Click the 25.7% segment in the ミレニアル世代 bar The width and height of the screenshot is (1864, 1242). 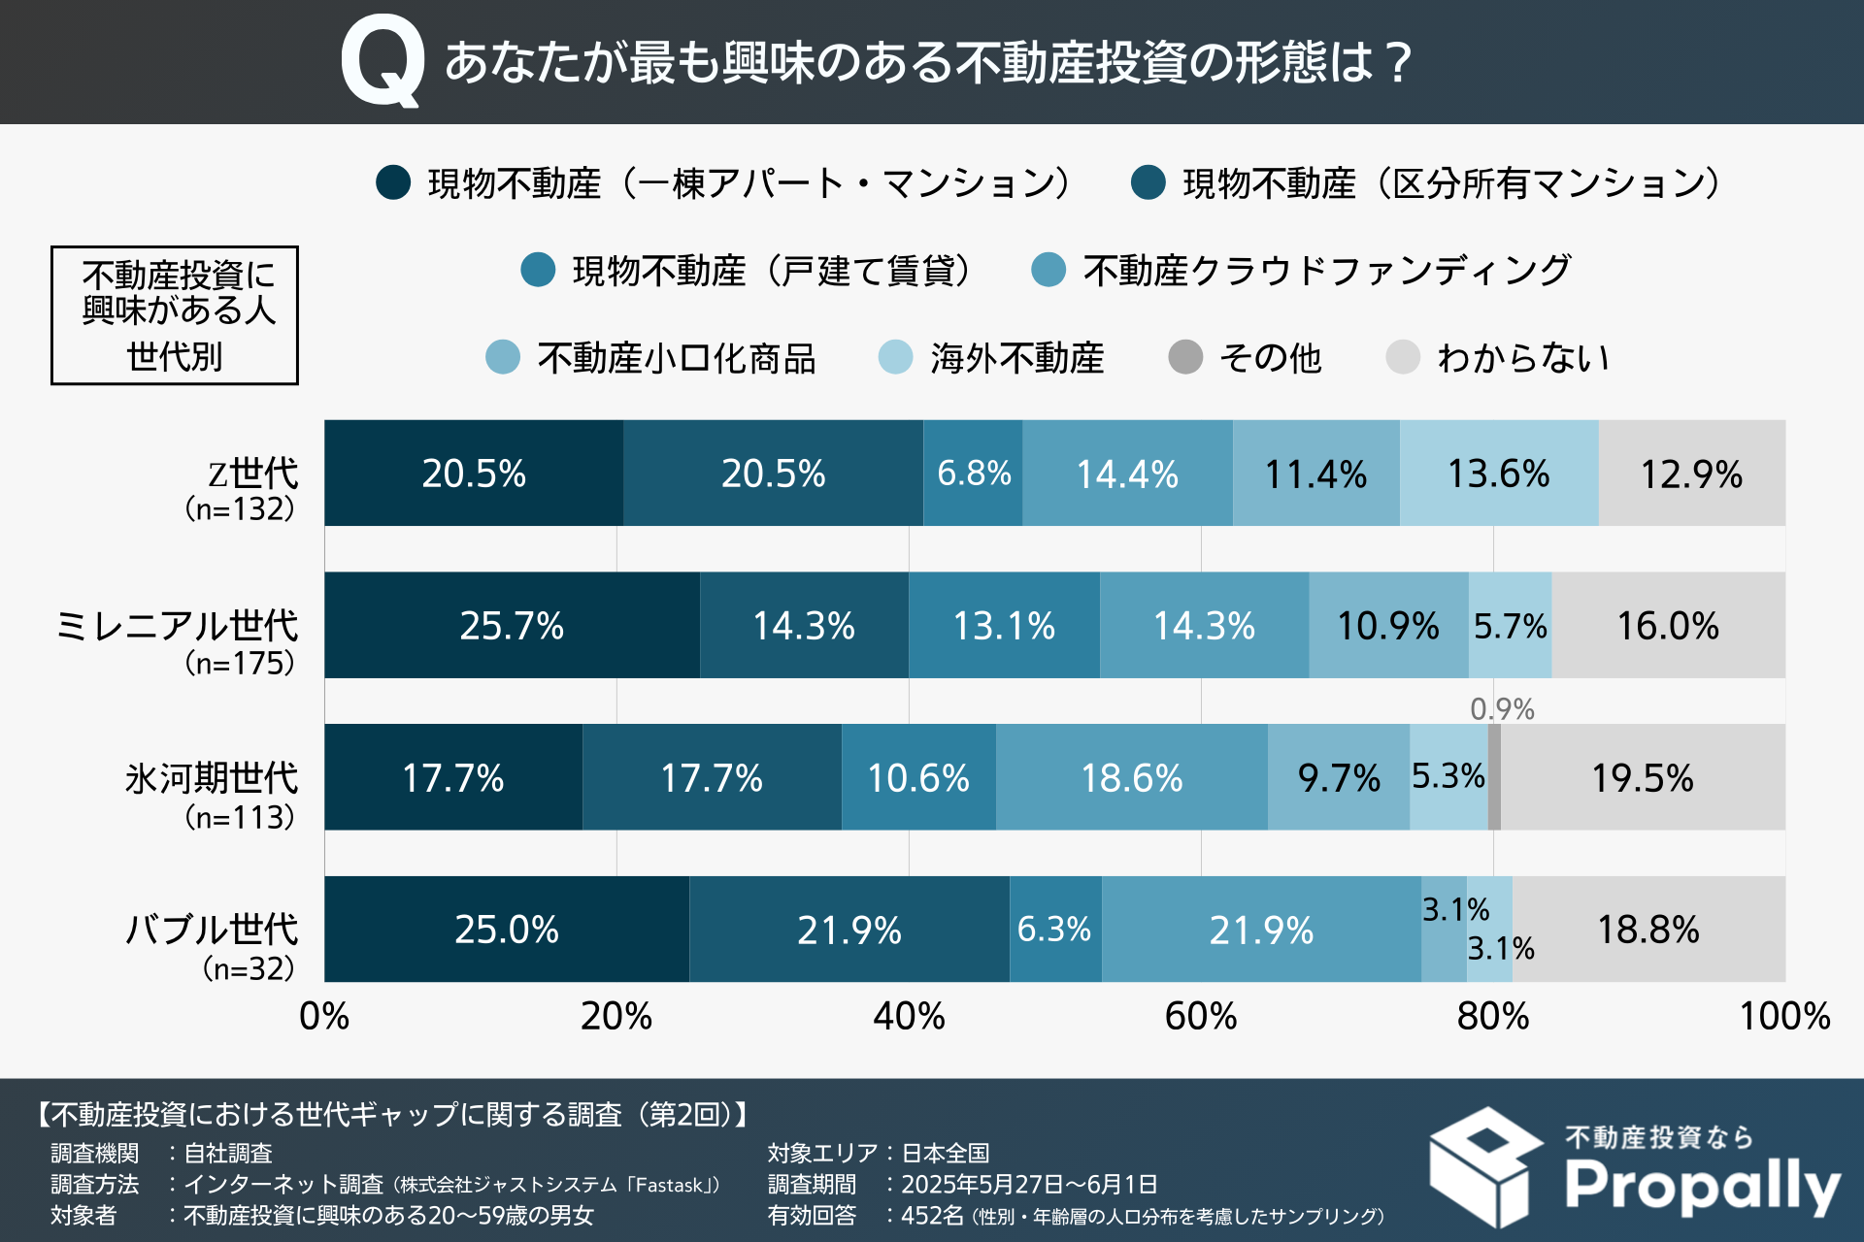tap(512, 625)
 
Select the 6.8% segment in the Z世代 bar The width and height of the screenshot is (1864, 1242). tap(973, 474)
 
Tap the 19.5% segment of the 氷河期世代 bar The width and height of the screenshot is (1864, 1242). tap(1643, 777)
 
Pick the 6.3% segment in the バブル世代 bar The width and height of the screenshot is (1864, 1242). tap(1055, 930)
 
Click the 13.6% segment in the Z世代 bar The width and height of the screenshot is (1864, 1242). tap(1499, 474)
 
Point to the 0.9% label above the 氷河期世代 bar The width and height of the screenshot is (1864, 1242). tap(1502, 709)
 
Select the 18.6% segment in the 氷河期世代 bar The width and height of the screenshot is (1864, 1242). tap(1132, 777)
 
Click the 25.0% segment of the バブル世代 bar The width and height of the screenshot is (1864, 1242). tap(507, 930)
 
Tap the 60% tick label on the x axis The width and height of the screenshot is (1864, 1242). tap(1201, 1016)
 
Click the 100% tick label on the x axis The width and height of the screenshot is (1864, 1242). tap(1784, 1016)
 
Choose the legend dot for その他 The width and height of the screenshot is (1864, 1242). tap(1185, 357)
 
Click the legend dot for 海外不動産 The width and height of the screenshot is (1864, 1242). tap(895, 357)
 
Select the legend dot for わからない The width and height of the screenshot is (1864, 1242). tap(1403, 357)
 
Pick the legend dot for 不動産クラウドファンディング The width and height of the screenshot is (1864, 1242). tap(1048, 270)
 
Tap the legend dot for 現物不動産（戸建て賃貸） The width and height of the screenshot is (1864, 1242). tap(538, 270)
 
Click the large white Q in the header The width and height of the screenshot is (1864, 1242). tap(383, 60)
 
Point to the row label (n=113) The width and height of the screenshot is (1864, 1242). tap(239, 817)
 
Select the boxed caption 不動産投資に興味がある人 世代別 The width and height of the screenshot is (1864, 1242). tap(175, 315)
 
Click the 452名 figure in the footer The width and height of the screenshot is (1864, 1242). tap(932, 1215)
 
